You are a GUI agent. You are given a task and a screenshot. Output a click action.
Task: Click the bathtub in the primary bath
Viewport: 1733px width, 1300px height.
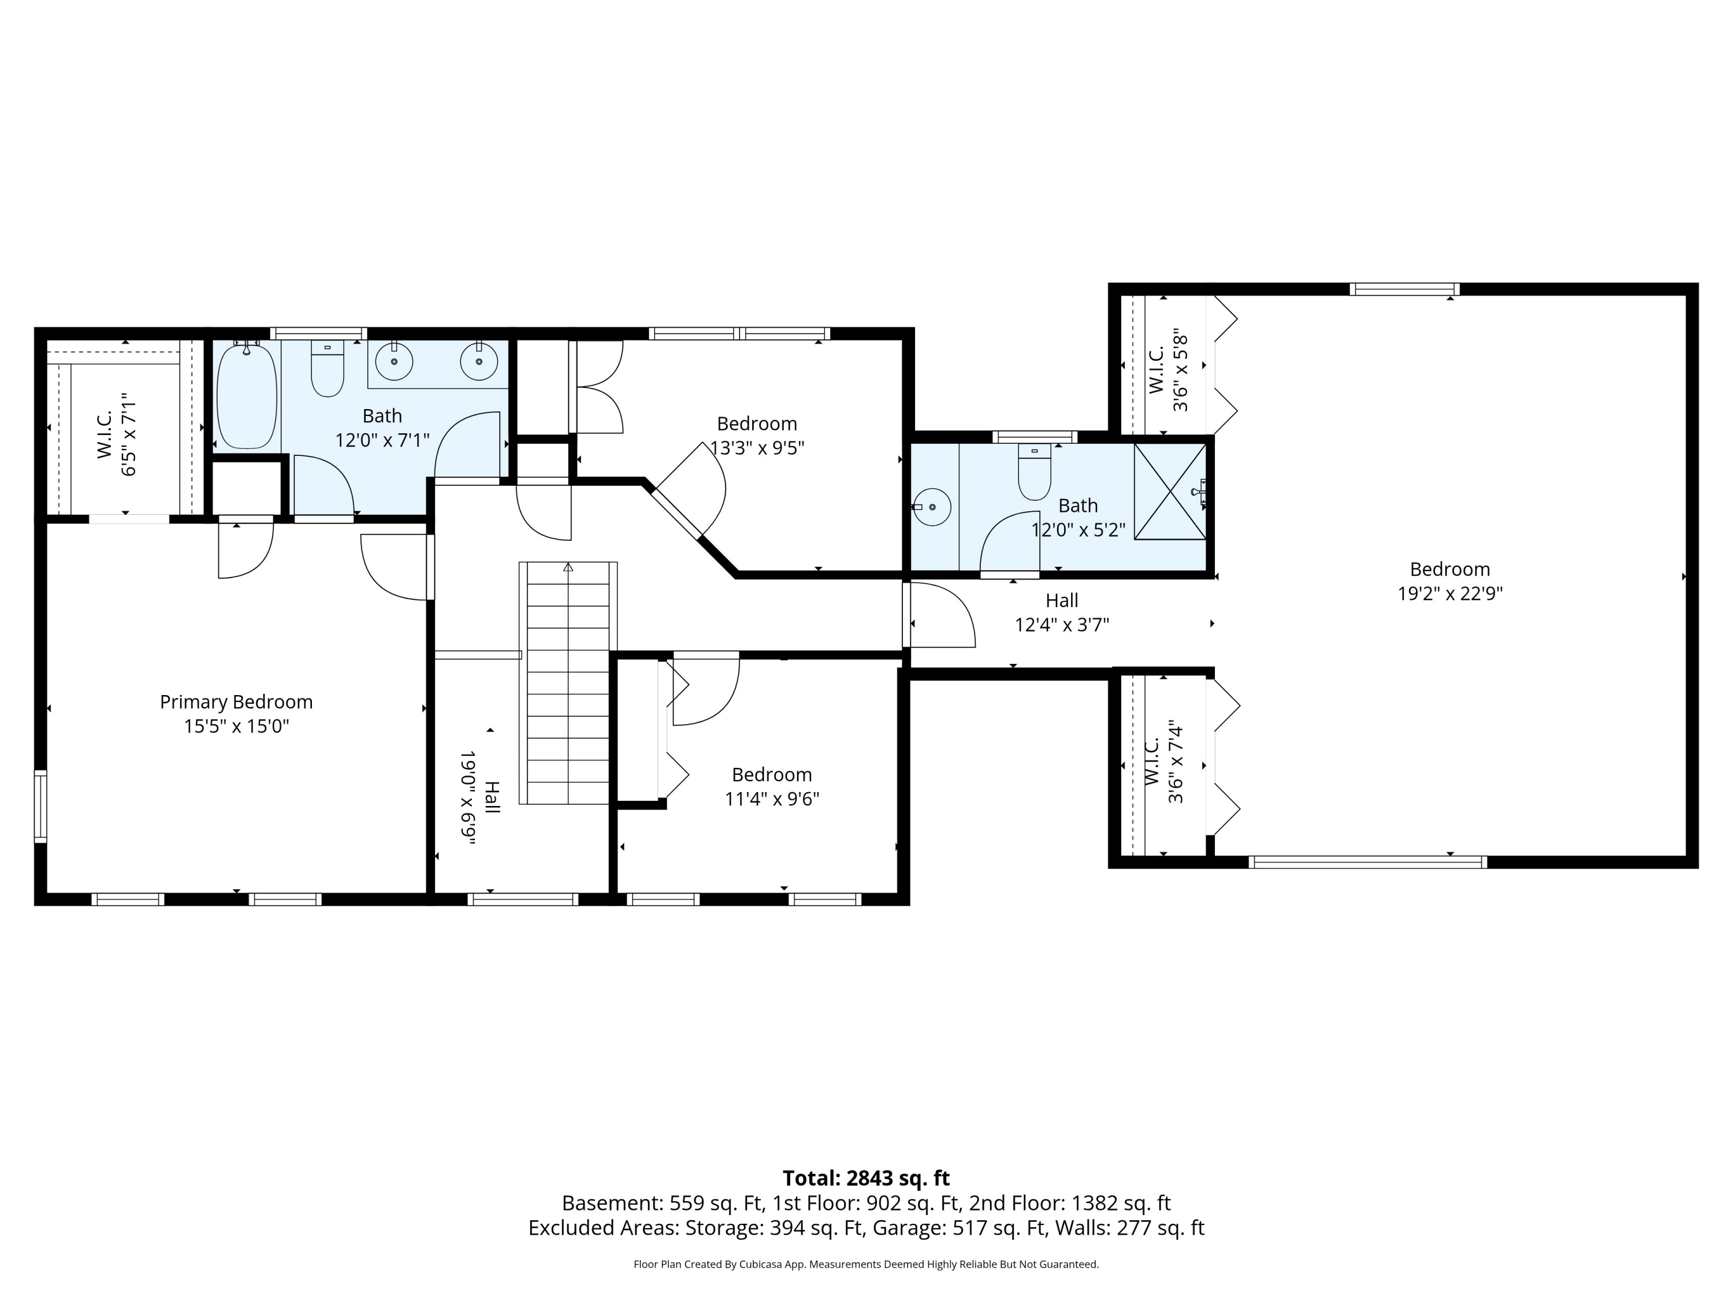pyautogui.click(x=247, y=396)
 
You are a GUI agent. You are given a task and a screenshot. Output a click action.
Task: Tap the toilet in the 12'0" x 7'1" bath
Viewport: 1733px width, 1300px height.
pyautogui.click(x=328, y=368)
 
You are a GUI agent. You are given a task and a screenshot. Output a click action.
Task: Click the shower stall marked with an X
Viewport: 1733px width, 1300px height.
pyautogui.click(x=1170, y=491)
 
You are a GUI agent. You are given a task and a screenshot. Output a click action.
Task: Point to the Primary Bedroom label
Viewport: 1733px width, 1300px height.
pyautogui.click(x=237, y=702)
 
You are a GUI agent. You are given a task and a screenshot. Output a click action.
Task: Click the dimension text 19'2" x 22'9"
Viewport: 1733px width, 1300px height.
pyautogui.click(x=1450, y=594)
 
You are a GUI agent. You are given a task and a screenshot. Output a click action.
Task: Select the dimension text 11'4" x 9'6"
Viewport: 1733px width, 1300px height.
pyautogui.click(x=772, y=799)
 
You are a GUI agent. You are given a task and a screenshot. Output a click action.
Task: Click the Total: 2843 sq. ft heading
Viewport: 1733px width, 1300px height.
pyautogui.click(x=866, y=1179)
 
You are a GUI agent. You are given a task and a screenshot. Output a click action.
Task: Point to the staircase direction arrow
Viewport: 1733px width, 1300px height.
pyautogui.click(x=568, y=567)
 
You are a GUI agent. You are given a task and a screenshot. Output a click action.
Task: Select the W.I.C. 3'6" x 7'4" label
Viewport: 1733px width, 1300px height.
pyautogui.click(x=1164, y=763)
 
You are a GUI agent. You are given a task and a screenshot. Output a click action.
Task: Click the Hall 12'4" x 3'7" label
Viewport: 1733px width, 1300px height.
pyautogui.click(x=1062, y=613)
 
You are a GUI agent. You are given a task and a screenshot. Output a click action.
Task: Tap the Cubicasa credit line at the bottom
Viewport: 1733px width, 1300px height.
pyautogui.click(x=866, y=1264)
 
